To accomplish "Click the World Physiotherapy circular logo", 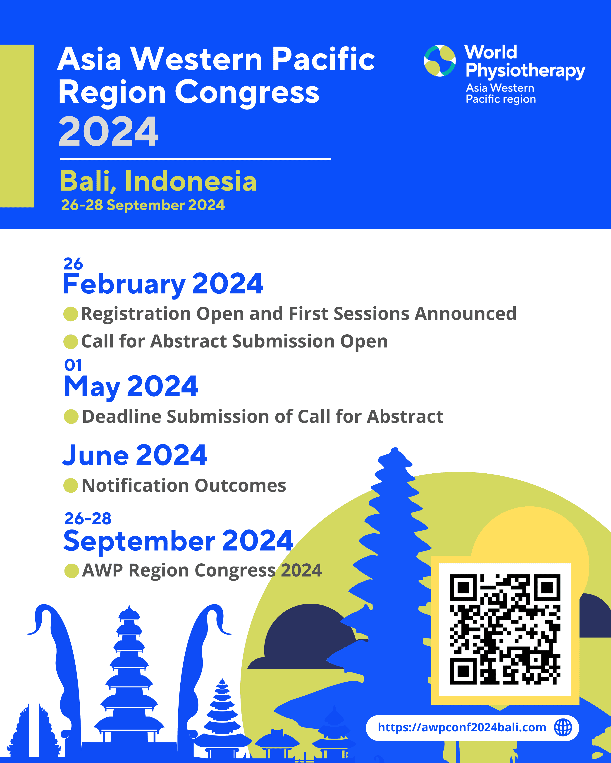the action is click(x=439, y=61).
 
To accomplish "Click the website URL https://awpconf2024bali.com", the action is click(x=462, y=727).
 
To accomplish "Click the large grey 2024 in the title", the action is click(x=108, y=132).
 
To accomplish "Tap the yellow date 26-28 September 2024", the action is click(x=143, y=205).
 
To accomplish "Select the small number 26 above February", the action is click(x=73, y=264).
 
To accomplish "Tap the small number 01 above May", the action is click(x=73, y=365).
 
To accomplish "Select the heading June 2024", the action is click(x=135, y=456).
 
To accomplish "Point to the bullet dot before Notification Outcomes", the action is click(x=70, y=486).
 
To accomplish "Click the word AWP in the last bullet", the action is click(x=103, y=570).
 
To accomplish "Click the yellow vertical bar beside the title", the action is click(x=17, y=126).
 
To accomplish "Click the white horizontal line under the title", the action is click(x=196, y=159).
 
